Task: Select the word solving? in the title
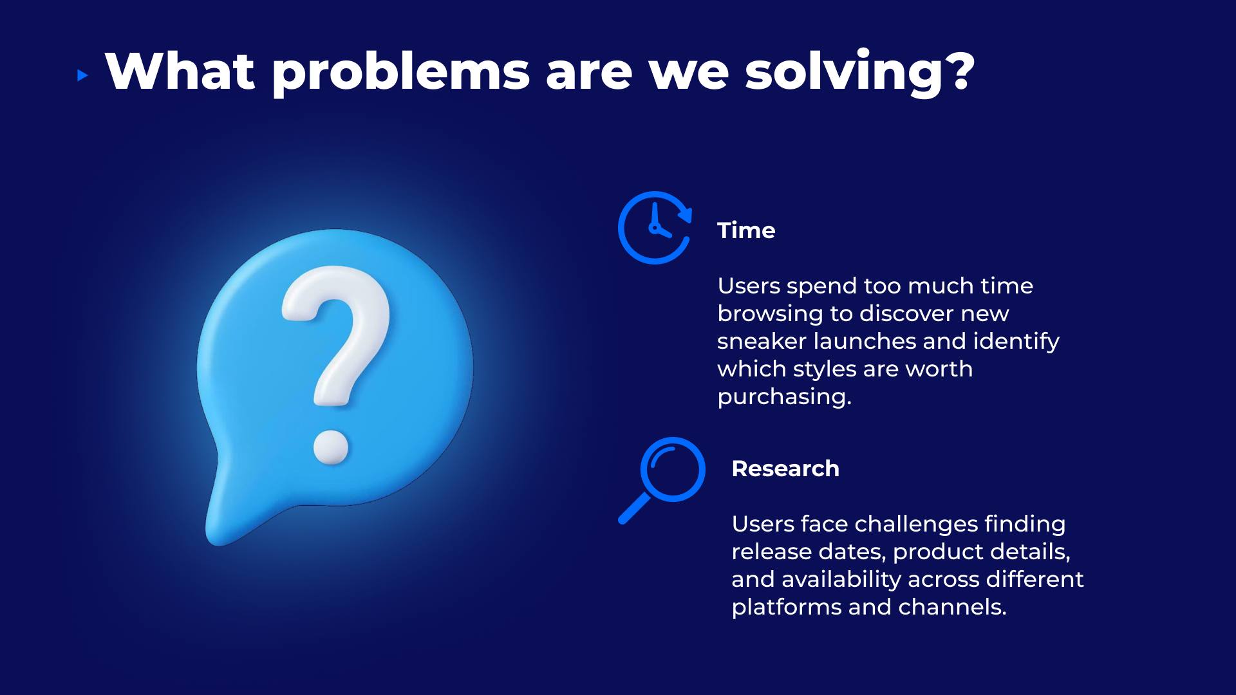point(860,72)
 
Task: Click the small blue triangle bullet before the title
point(82,75)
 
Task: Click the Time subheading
point(746,230)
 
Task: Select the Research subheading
point(785,468)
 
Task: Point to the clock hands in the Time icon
point(658,223)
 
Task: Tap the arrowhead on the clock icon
point(686,214)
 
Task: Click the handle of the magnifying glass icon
point(634,508)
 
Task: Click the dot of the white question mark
point(331,447)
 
